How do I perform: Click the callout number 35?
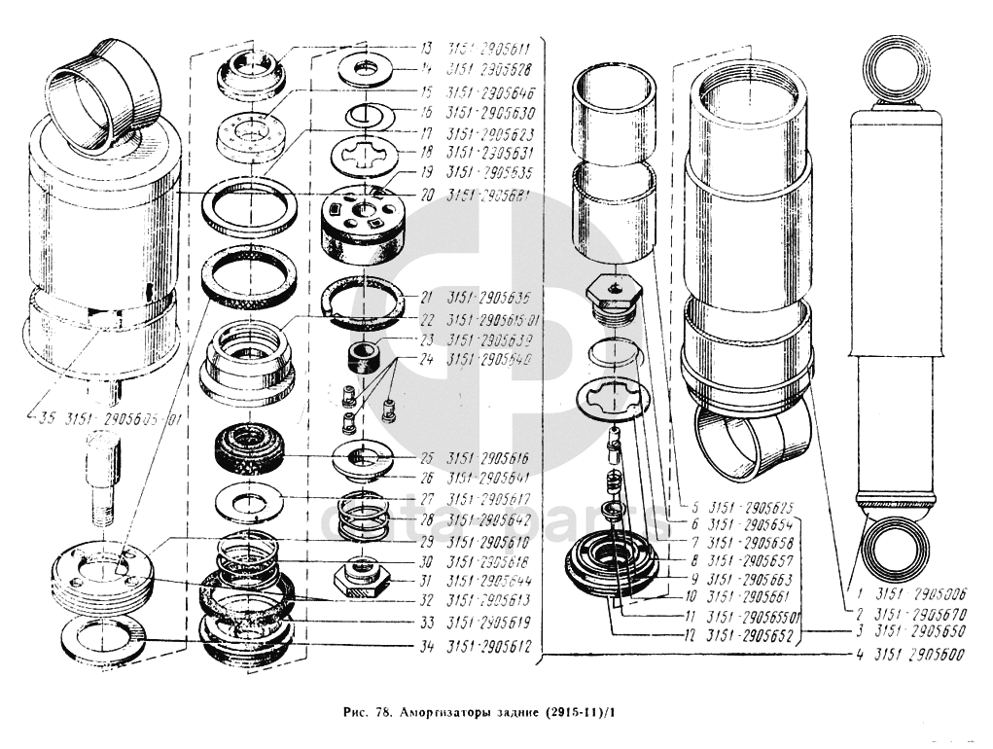(45, 421)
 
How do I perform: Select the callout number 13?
(426, 48)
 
